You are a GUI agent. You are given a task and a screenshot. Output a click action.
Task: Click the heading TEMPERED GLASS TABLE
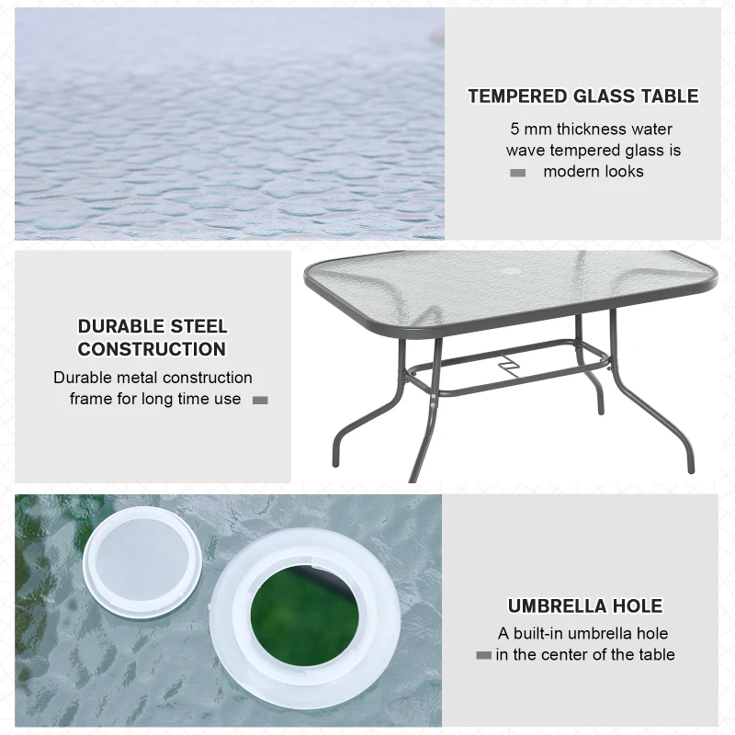tap(582, 96)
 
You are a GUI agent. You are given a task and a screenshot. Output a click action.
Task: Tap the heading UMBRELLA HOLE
tap(585, 606)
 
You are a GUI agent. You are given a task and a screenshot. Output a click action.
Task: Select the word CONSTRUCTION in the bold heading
tap(152, 349)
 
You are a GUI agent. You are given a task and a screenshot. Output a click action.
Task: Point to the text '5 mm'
tap(529, 130)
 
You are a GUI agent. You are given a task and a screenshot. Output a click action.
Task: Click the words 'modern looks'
tap(594, 172)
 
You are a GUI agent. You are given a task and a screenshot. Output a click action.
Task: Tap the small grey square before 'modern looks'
tap(518, 173)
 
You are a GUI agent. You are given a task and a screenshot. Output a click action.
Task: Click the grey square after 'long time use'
tap(260, 400)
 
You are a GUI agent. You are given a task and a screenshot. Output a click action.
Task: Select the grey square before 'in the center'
tap(483, 655)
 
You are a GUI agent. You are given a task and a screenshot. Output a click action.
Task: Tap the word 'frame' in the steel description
tap(90, 399)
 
